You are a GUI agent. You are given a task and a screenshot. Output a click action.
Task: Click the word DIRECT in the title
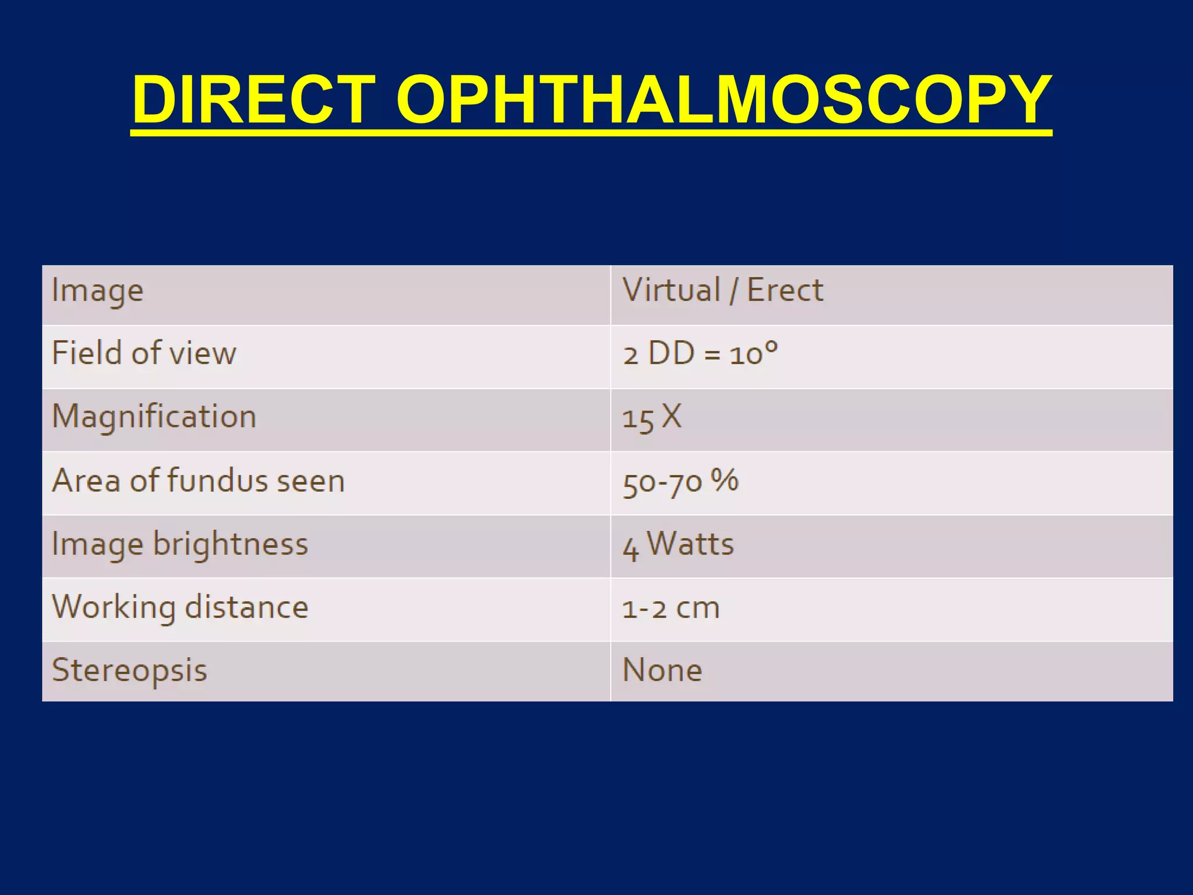pos(253,100)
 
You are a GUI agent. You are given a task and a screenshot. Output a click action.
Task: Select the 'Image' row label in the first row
pos(97,291)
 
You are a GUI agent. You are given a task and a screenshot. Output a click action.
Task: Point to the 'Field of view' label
pos(144,353)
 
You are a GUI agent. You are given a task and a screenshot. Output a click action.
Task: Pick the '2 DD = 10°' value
pos(700,354)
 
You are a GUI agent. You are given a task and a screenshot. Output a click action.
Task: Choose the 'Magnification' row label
pos(154,417)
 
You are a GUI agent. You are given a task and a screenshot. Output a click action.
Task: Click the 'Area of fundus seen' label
pos(198,481)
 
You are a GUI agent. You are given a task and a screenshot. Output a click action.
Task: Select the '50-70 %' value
pos(680,482)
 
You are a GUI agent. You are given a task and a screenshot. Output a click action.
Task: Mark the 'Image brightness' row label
pos(179,544)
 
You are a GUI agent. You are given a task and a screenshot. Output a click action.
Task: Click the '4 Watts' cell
pos(678,545)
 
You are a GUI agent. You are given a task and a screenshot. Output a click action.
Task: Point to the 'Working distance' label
pos(180,607)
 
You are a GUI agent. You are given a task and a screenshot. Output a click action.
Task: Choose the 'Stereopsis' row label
pos(129,671)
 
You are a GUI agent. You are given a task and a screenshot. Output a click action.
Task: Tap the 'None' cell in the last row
pos(662,670)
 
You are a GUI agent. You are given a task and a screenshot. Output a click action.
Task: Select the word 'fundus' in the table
pos(217,481)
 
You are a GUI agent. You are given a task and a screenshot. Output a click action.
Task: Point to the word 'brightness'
pos(230,544)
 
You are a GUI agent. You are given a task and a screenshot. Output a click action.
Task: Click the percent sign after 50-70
pos(725,480)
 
